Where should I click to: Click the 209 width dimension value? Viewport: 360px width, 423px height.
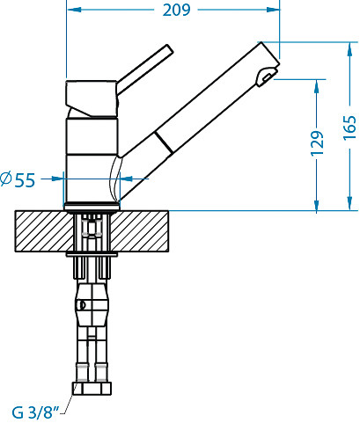(176, 10)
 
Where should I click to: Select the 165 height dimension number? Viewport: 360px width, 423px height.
(349, 128)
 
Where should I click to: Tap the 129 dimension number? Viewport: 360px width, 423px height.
(317, 143)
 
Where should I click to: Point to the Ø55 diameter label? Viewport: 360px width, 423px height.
(18, 179)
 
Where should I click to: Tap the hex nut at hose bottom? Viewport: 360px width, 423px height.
(92, 389)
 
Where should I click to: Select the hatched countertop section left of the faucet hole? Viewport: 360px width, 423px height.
(44, 231)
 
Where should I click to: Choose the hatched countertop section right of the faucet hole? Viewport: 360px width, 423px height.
(140, 231)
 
